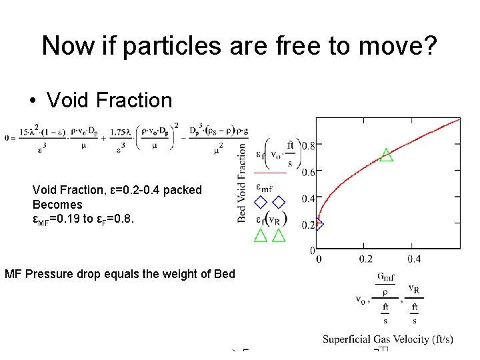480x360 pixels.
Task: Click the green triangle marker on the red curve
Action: [386, 155]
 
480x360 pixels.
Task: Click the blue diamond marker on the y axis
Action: [318, 224]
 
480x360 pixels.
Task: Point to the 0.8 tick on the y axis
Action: [307, 145]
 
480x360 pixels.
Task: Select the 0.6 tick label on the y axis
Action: [307, 172]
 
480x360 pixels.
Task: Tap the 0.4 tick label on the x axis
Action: [413, 259]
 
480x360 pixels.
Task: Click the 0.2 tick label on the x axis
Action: [365, 259]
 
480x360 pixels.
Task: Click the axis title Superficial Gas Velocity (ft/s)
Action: [388, 339]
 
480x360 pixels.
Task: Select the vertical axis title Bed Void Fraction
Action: [243, 183]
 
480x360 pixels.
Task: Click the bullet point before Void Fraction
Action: [33, 101]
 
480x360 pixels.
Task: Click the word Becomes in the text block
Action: [57, 204]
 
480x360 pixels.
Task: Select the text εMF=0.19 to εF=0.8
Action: [83, 219]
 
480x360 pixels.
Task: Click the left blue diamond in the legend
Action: [261, 202]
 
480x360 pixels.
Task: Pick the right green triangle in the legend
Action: [279, 235]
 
